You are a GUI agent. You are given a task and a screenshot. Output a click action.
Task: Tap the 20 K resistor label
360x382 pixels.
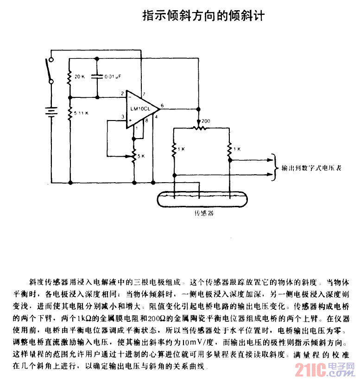tap(80, 76)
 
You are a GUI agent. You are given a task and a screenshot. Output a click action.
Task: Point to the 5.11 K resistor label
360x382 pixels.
tap(82, 113)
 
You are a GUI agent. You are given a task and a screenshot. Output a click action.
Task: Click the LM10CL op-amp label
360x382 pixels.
tap(140, 108)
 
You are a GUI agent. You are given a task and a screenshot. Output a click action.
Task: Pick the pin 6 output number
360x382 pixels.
tap(162, 106)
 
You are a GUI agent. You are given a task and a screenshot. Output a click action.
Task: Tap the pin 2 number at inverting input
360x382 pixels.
tap(122, 94)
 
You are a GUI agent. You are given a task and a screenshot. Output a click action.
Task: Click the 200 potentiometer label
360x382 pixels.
tap(206, 121)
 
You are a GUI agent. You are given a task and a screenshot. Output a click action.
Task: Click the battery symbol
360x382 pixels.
tap(51, 112)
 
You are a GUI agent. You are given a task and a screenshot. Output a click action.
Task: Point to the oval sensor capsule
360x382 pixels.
tap(202, 199)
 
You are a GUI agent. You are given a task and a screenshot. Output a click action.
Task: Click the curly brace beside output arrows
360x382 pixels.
tap(275, 167)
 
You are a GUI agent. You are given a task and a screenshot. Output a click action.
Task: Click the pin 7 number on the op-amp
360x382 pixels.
tap(145, 94)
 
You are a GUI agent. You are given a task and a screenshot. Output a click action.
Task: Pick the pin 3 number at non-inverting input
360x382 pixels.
tap(123, 117)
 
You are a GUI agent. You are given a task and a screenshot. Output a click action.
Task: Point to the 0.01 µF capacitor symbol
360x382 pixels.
tap(97, 76)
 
